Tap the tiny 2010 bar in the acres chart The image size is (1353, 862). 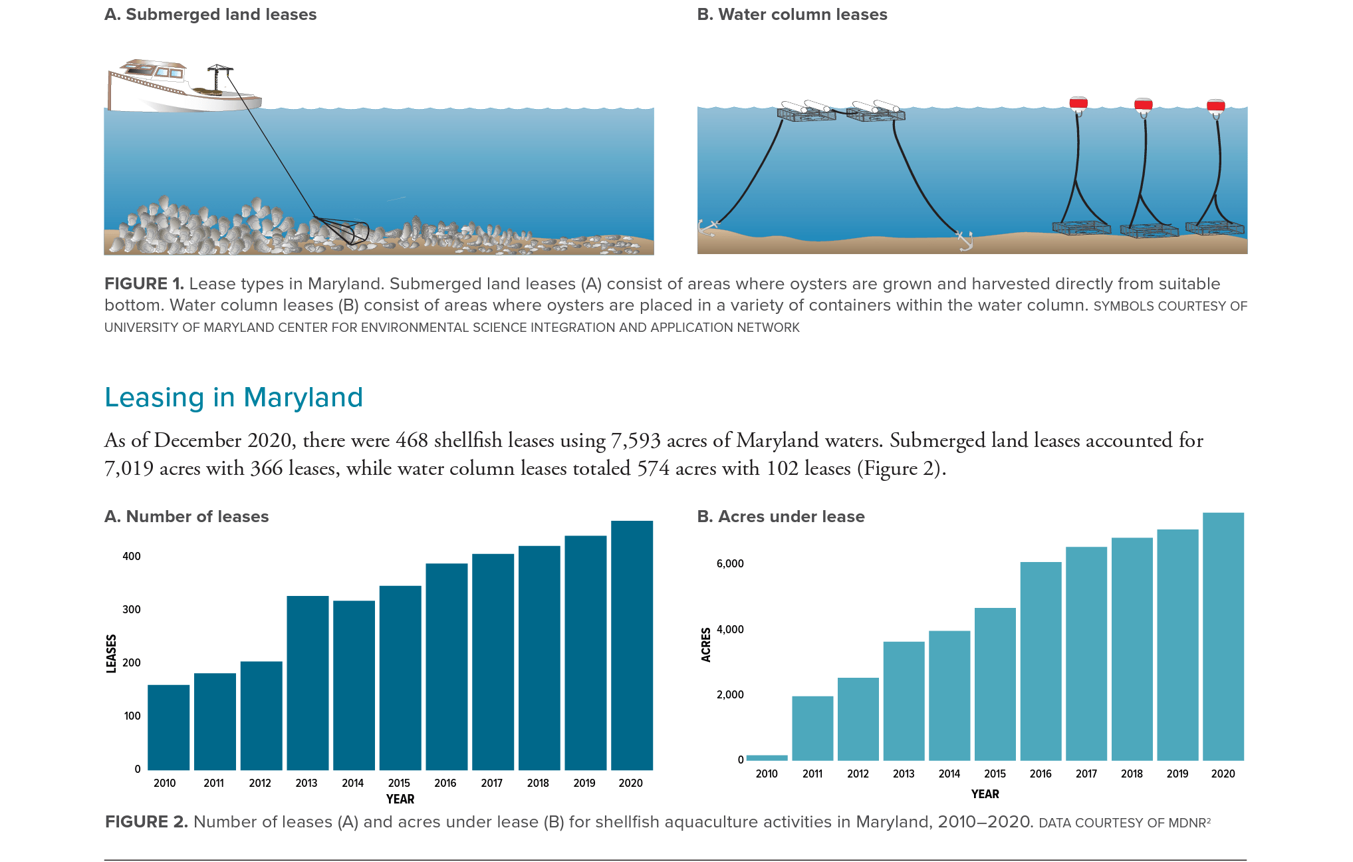pos(767,758)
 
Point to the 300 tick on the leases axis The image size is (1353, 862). pos(132,609)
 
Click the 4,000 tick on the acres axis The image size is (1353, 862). pos(730,629)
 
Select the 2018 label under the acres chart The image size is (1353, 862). pos(1132,774)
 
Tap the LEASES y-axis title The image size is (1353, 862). pos(111,653)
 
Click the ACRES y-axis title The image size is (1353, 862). pos(705,645)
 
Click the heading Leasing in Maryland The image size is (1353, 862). pos(233,398)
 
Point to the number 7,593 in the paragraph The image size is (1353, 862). pos(635,440)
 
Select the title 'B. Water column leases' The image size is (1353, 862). pos(792,15)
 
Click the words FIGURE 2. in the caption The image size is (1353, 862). pos(146,822)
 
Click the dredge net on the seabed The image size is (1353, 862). pos(346,230)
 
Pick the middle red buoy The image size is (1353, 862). pos(1143,104)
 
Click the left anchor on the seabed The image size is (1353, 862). pos(709,227)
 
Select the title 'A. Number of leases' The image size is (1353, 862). pos(186,517)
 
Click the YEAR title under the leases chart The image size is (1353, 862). pos(400,799)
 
